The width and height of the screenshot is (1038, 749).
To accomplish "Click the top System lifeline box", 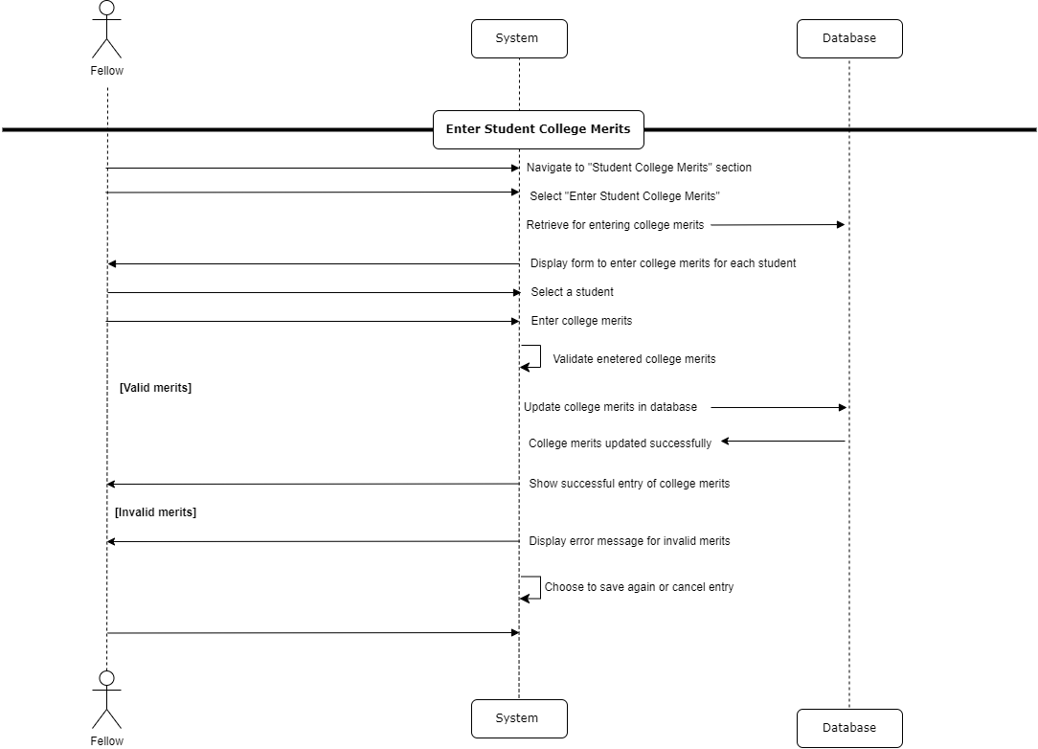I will [x=519, y=39].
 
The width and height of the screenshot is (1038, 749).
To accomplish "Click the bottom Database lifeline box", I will [x=849, y=728].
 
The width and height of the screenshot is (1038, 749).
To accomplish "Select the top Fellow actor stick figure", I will [x=106, y=31].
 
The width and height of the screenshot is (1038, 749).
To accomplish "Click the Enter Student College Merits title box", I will [x=538, y=129].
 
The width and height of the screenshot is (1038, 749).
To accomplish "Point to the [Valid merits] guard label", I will [x=155, y=388].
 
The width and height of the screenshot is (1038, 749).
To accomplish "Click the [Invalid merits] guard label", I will [x=155, y=512].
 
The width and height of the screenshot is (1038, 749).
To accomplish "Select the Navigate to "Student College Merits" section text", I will [x=639, y=168].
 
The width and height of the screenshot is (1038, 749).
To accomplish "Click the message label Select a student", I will [x=573, y=292].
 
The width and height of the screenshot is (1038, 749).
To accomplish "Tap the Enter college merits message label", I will [x=581, y=321].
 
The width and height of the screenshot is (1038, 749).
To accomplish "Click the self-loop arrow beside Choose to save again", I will [x=532, y=587].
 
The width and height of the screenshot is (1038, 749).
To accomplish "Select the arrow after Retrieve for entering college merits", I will [x=778, y=225].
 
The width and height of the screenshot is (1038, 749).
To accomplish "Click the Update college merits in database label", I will [x=610, y=407].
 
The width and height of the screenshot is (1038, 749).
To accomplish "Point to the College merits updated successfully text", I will [x=620, y=443].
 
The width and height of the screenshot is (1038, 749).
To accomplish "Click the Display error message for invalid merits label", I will [x=629, y=541].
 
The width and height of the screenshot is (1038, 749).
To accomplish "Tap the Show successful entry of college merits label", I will [x=629, y=484].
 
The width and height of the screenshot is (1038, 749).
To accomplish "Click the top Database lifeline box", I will [x=849, y=39].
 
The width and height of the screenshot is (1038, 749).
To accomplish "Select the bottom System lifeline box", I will [x=519, y=718].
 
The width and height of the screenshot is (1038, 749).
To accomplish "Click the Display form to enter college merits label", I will [x=663, y=263].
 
